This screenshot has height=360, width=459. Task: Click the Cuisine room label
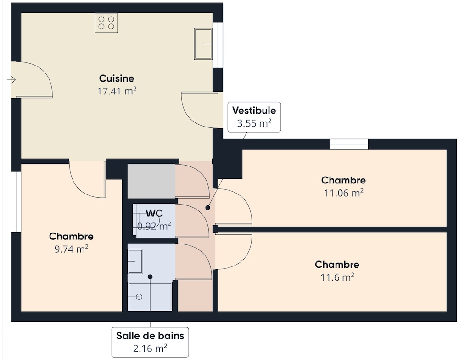pyautogui.click(x=117, y=78)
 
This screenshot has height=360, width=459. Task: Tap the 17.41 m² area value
pyautogui.click(x=117, y=91)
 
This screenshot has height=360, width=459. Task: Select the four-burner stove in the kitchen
pyautogui.click(x=106, y=23)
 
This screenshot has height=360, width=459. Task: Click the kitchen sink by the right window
pyautogui.click(x=203, y=44)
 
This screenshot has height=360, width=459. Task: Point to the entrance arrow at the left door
pyautogui.click(x=11, y=80)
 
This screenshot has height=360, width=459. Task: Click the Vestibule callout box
pyautogui.click(x=254, y=117)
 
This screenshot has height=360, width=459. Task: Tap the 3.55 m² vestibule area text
pyautogui.click(x=254, y=123)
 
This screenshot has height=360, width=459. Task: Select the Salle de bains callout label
pyautogui.click(x=150, y=336)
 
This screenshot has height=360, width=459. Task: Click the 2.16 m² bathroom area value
pyautogui.click(x=150, y=349)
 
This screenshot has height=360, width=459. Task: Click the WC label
pyautogui.click(x=154, y=213)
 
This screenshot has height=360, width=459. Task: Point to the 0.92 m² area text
pyautogui.click(x=154, y=226)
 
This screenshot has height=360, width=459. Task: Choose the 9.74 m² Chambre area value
pyautogui.click(x=71, y=249)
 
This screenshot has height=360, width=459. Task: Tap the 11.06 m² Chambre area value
pyautogui.click(x=343, y=193)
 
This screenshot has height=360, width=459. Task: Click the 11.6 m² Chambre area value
pyautogui.click(x=337, y=277)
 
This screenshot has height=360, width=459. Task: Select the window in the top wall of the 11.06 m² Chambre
pyautogui.click(x=349, y=144)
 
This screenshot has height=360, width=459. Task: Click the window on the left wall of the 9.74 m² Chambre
pyautogui.click(x=16, y=202)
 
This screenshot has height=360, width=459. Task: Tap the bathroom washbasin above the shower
pyautogui.click(x=135, y=261)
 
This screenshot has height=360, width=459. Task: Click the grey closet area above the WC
pyautogui.click(x=151, y=181)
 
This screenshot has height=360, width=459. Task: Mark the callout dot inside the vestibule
pyautogui.click(x=207, y=208)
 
